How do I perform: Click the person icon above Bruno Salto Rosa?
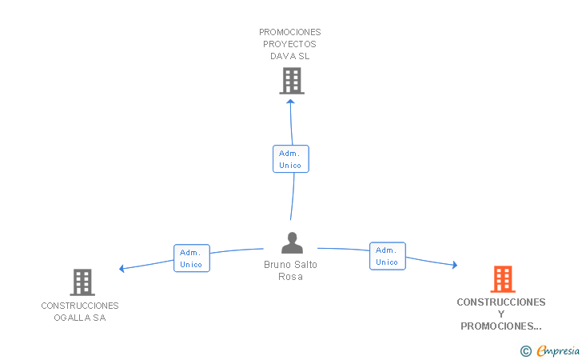(292, 242)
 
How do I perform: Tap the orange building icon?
(503, 279)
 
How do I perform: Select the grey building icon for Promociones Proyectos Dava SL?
(292, 81)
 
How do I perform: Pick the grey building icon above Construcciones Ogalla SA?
(82, 282)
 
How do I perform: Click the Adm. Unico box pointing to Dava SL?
(291, 159)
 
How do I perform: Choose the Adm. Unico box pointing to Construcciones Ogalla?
(192, 258)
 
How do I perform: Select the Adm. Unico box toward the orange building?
(388, 256)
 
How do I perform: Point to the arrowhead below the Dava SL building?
(291, 101)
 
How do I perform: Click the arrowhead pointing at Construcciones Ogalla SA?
(122, 268)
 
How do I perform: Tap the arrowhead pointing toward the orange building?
(455, 265)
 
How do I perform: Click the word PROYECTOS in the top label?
(289, 44)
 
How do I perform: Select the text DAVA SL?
(289, 56)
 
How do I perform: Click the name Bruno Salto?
(290, 265)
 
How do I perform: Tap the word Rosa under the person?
(290, 277)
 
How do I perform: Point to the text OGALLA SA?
(80, 318)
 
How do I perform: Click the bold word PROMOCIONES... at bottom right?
(501, 326)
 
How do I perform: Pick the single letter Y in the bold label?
(501, 314)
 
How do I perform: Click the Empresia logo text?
(558, 350)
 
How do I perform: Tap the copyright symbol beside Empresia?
(526, 351)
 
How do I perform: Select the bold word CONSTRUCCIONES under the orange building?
(501, 302)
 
